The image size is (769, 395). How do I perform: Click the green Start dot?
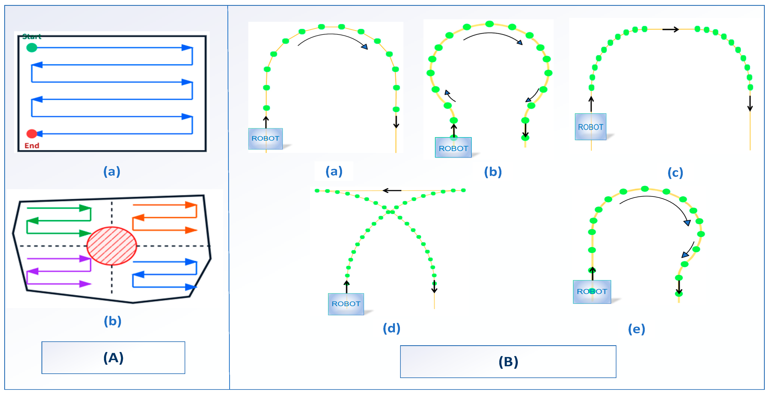click(32, 47)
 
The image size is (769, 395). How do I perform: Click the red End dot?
click(32, 134)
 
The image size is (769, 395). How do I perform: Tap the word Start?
click(32, 37)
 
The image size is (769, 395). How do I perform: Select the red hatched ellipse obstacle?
click(112, 246)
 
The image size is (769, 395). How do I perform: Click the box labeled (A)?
click(113, 357)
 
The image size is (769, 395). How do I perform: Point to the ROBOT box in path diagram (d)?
click(346, 304)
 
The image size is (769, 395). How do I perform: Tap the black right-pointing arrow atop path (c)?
click(670, 29)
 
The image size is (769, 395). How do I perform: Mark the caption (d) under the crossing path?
click(391, 328)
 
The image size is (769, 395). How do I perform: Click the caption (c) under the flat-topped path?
click(675, 173)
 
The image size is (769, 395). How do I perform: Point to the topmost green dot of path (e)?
click(645, 189)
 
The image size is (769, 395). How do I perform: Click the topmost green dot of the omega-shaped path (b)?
click(489, 24)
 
